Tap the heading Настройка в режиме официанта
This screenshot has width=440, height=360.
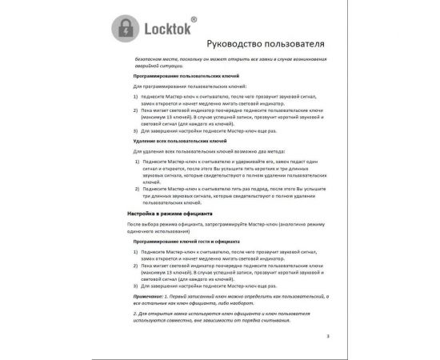170,215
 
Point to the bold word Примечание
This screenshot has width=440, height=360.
150,294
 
